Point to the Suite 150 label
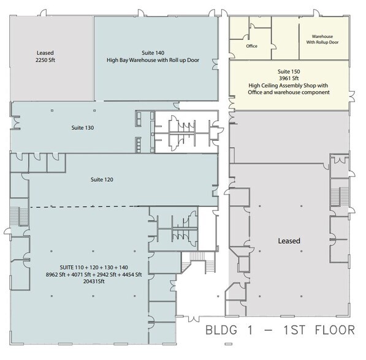click(290, 70)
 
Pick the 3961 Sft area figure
click(290, 78)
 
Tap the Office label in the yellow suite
click(251, 46)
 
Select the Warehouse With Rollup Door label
click(322, 39)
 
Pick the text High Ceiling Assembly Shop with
click(290, 85)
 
